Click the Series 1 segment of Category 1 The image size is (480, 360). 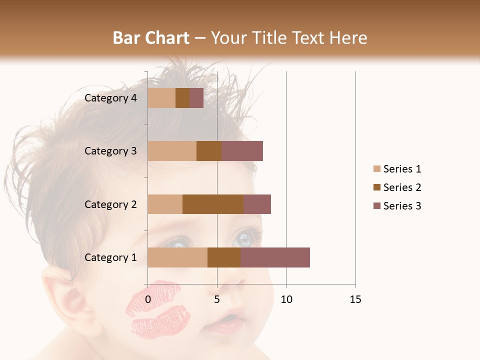point(177,257)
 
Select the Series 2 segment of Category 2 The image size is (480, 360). point(213,204)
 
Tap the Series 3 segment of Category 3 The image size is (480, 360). point(242,151)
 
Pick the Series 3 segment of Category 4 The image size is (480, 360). point(196,98)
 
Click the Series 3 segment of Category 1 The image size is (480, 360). point(275,257)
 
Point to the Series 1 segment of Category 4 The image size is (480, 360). point(161,98)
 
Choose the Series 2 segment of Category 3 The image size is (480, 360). point(209,151)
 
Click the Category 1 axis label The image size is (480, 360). point(110,257)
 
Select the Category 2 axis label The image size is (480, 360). point(110,204)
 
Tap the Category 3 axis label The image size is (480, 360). point(110,151)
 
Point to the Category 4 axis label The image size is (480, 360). point(110,98)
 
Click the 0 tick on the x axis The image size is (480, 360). point(148,299)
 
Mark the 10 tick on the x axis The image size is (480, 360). point(286,299)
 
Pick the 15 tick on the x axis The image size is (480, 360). point(355,299)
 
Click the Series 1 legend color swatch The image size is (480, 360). point(376,169)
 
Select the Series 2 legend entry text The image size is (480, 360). point(402,187)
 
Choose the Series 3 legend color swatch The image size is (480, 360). point(376,206)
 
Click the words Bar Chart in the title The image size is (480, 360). point(151,37)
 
